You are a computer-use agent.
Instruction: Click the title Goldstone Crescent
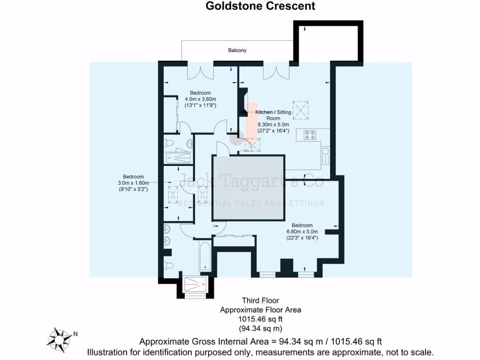(x=261, y=6)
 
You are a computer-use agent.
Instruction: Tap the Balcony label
(x=237, y=50)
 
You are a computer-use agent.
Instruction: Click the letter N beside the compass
(x=75, y=334)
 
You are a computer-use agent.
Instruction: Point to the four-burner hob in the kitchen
(x=310, y=135)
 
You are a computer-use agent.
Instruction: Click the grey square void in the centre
(x=248, y=188)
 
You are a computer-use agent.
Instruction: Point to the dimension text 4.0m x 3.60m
(x=201, y=99)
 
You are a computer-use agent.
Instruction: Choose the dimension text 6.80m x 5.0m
(x=302, y=232)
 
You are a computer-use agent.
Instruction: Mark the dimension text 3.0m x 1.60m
(x=133, y=183)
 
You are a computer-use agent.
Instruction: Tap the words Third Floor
(x=261, y=300)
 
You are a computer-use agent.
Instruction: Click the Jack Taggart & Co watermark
(x=252, y=180)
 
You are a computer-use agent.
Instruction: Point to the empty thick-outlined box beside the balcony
(x=328, y=42)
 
